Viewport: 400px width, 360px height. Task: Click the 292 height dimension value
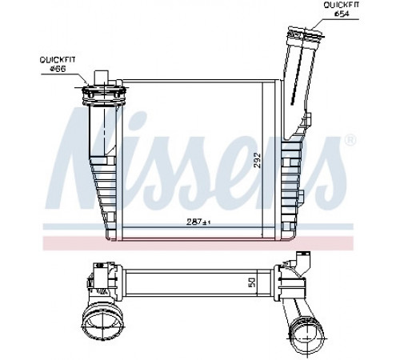pyautogui.click(x=257, y=160)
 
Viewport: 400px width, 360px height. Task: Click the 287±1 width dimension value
pyautogui.click(x=198, y=222)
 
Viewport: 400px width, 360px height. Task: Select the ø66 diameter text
pyautogui.click(x=58, y=69)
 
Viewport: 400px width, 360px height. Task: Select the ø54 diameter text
pyautogui.click(x=342, y=14)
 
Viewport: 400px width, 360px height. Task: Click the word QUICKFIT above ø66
pyautogui.click(x=58, y=60)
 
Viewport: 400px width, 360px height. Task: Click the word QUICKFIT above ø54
pyautogui.click(x=342, y=5)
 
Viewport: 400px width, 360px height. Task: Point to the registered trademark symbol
pyautogui.click(x=350, y=141)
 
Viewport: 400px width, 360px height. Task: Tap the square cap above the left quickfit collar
pyautogui.click(x=102, y=78)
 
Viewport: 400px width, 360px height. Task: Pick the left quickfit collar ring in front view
pyautogui.click(x=104, y=94)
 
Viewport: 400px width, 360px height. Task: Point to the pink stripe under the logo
pyautogui.click(x=198, y=243)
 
